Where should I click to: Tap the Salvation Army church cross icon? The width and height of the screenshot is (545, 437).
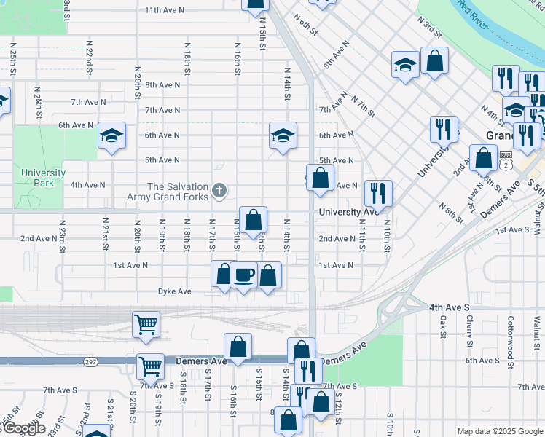pyautogui.click(x=218, y=192)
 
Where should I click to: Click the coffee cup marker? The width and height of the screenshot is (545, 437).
pyautogui.click(x=243, y=275)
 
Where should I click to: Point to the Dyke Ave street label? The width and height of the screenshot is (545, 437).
pyautogui.click(x=174, y=291)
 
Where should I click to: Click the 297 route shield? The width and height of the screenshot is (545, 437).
pyautogui.click(x=90, y=362)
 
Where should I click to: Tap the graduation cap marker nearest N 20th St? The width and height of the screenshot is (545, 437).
pyautogui.click(x=111, y=135)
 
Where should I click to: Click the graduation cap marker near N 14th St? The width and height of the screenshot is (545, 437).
pyautogui.click(x=283, y=135)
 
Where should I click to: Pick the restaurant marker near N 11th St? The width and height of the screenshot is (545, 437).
pyautogui.click(x=377, y=193)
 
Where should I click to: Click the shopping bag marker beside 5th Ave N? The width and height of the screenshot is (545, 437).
pyautogui.click(x=320, y=177)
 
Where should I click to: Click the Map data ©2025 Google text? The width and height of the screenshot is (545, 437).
pyautogui.click(x=501, y=431)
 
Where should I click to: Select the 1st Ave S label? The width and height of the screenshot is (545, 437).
pyautogui.click(x=511, y=230)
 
